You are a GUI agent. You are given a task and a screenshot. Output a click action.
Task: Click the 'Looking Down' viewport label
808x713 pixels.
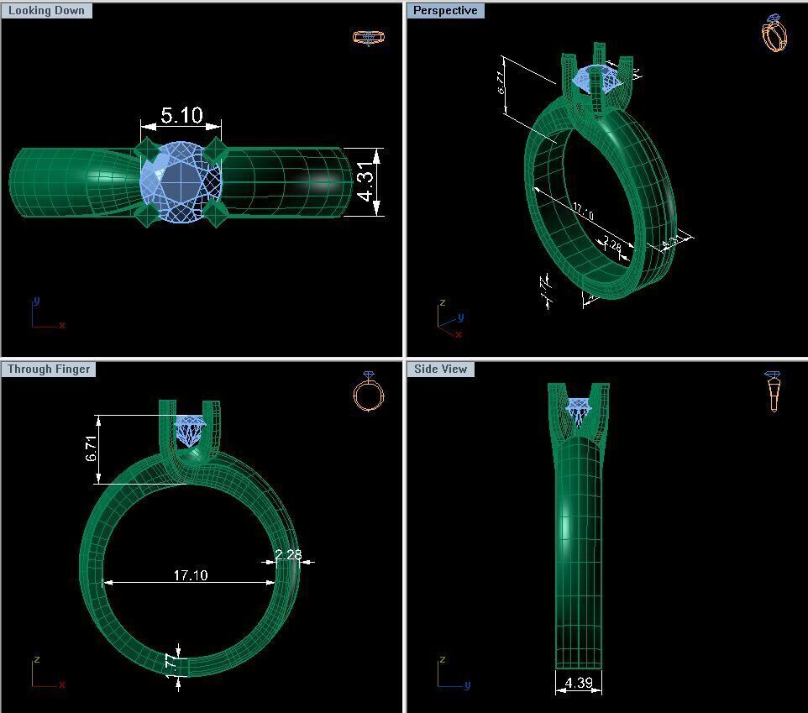(46, 11)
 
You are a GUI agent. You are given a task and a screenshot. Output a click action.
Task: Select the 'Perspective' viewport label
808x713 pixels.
(445, 11)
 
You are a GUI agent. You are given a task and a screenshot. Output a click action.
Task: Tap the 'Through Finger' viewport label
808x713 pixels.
(49, 370)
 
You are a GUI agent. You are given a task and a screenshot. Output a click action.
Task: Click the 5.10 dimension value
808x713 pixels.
(181, 115)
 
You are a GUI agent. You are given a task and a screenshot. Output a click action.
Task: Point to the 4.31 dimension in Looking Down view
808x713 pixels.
(365, 182)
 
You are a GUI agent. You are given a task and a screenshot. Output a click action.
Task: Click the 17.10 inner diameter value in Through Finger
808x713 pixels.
(191, 575)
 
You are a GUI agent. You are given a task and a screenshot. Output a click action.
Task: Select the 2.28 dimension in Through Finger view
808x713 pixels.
(288, 555)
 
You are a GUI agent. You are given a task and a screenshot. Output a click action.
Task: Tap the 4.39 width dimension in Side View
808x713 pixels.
(579, 683)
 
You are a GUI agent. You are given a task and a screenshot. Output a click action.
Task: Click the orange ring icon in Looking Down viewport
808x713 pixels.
(368, 37)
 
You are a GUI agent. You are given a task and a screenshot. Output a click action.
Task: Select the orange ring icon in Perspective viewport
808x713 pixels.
(774, 33)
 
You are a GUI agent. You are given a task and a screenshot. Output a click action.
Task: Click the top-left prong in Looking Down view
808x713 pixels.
(147, 151)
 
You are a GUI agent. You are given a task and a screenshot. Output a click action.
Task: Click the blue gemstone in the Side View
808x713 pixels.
(579, 410)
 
